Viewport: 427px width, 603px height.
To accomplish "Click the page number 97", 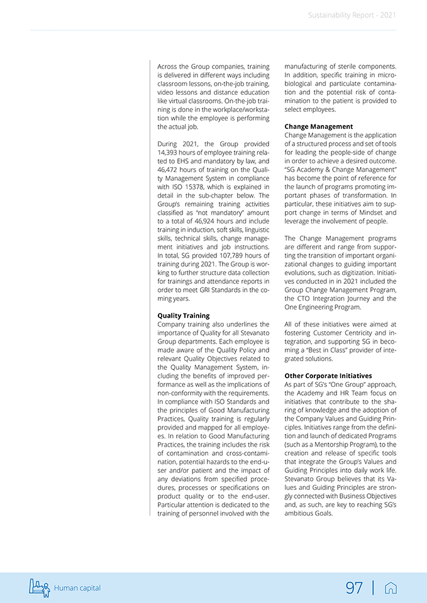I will pyautogui.click(x=354, y=588).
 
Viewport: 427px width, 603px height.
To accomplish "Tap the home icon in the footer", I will pyautogui.click(x=391, y=588).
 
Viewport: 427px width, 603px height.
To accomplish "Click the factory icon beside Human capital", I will pyautogui.click(x=39, y=587).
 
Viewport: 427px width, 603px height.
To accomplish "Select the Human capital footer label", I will pyautogui.click(x=77, y=588).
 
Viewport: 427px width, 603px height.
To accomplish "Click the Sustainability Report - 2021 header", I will pyautogui.click(x=352, y=15).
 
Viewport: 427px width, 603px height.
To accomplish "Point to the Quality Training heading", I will pyautogui.click(x=184, y=315).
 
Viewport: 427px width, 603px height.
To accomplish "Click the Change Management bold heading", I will pyautogui.click(x=318, y=126).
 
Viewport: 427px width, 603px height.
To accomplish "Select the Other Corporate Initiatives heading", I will pyautogui.click(x=328, y=376).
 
